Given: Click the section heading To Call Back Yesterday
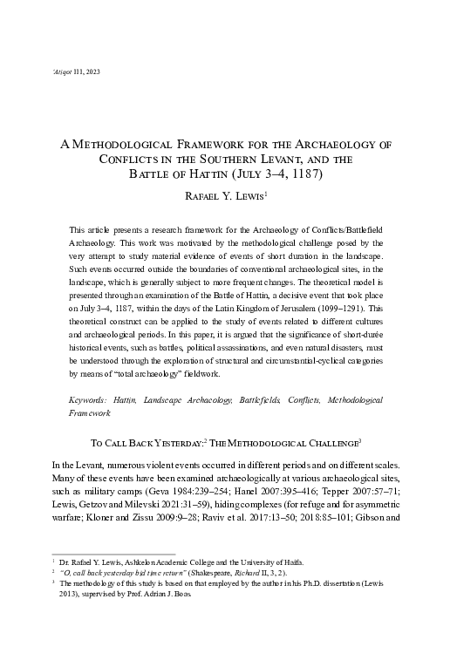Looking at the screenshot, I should point(154,443).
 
